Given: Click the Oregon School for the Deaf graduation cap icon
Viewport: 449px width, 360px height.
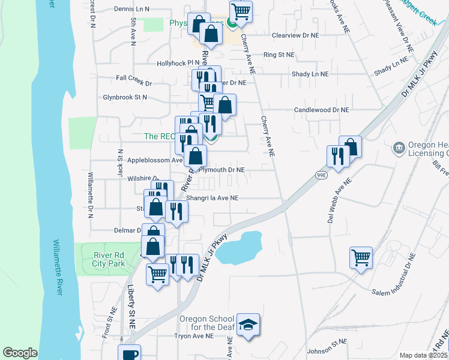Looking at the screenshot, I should pyautogui.click(x=248, y=325).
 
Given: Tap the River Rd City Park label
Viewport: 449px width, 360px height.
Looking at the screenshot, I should pyautogui.click(x=109, y=259).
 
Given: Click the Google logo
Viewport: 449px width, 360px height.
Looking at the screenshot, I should pyautogui.click(x=20, y=353).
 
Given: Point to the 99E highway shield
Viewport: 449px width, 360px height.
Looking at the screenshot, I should pyautogui.click(x=322, y=175).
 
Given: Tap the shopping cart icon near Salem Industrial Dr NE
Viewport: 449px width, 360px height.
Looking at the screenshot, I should pyautogui.click(x=361, y=258).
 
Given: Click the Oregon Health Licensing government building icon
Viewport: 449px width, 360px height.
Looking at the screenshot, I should pyautogui.click(x=399, y=148).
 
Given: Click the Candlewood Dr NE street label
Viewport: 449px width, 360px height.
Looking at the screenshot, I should pyautogui.click(x=321, y=110).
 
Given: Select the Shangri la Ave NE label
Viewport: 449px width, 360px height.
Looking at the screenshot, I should pyautogui.click(x=212, y=197).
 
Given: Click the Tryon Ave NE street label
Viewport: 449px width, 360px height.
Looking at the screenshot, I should pyautogui.click(x=194, y=337).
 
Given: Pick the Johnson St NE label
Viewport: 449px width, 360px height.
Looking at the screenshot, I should pyautogui.click(x=327, y=346).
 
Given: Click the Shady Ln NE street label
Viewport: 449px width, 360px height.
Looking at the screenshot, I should pyautogui.click(x=310, y=74).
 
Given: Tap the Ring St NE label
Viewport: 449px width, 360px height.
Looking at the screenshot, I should pyautogui.click(x=279, y=55).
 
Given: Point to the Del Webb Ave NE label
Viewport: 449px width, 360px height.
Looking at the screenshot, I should pyautogui.click(x=337, y=204).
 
